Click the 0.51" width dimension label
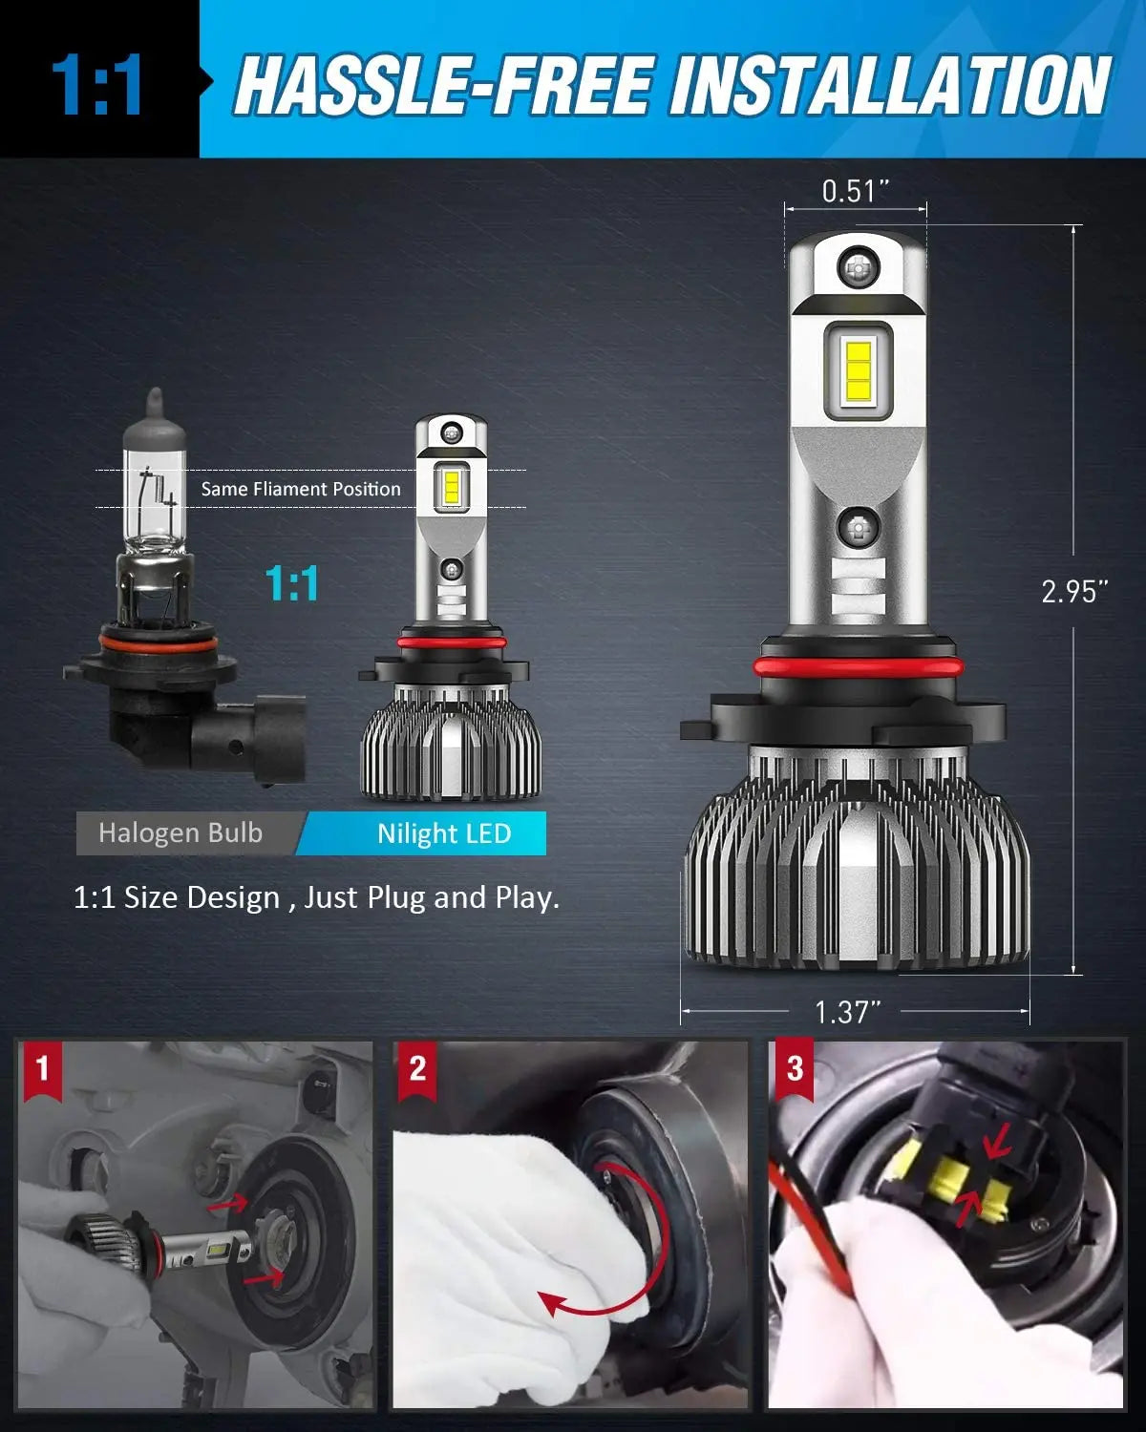coord(855,191)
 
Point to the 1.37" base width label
coord(846,1011)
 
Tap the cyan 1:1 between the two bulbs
coord(291,583)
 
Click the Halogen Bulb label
coord(180,832)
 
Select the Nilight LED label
coord(443,833)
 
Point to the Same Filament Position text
coord(301,489)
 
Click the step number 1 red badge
coord(41,1066)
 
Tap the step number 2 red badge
coord(417,1066)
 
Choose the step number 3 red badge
coord(795,1066)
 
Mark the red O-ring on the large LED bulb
coord(856,664)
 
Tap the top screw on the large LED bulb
coord(857,266)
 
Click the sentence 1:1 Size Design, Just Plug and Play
coord(316,897)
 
